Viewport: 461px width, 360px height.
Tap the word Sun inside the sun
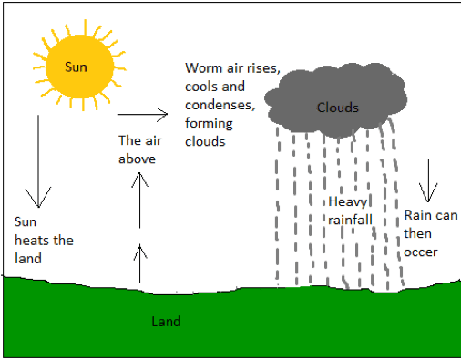point(76,67)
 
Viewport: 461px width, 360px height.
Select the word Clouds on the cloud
point(337,108)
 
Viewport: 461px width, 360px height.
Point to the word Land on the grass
point(166,322)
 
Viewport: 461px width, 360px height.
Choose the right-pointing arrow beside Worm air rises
point(143,115)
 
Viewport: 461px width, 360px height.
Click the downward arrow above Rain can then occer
point(425,180)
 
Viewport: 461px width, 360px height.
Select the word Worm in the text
point(203,68)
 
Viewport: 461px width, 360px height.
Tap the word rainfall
point(351,219)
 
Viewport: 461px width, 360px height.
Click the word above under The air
point(138,159)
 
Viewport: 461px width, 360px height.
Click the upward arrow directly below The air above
point(139,201)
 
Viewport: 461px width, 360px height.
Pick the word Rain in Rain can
point(418,215)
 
